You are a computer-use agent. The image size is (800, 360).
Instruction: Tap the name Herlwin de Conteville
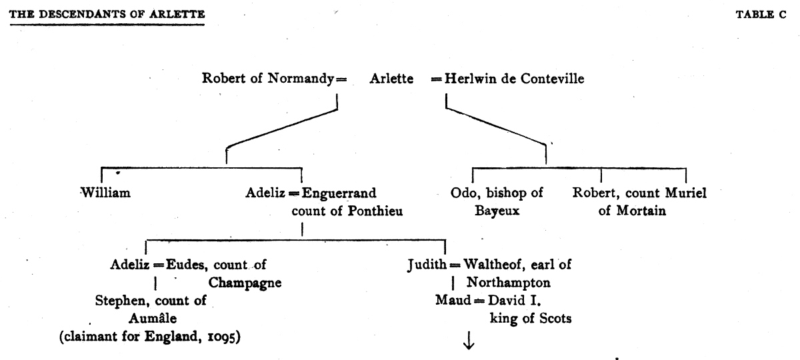coord(509,79)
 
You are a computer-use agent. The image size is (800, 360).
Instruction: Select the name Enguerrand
coord(339,194)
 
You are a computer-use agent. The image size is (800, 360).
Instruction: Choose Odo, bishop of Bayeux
coord(497,202)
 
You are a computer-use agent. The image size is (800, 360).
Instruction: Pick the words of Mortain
coord(627,212)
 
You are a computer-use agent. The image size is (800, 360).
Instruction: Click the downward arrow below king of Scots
coord(469,341)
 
